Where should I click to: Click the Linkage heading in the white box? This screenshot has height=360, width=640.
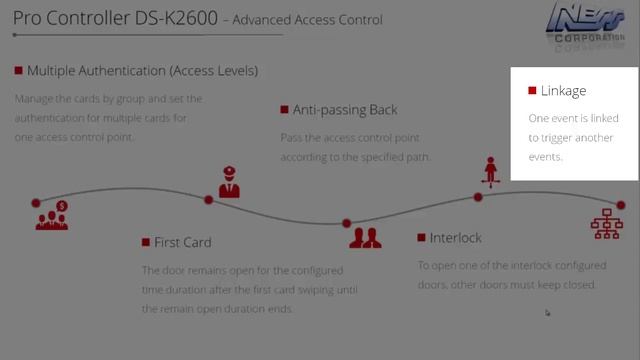pos(563,91)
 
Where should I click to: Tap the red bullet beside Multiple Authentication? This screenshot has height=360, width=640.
pos(19,71)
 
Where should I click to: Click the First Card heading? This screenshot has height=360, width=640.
pos(182,242)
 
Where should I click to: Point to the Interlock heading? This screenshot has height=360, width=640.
pos(455,238)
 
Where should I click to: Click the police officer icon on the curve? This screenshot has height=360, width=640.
pos(229,183)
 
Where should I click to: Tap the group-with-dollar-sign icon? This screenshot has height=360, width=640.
pos(52,215)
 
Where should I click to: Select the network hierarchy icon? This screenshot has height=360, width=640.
pos(606,224)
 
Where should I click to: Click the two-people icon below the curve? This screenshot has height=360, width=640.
pos(365,237)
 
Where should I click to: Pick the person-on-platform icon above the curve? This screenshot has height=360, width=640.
pos(490,172)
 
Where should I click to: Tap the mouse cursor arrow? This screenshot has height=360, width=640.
pos(547,313)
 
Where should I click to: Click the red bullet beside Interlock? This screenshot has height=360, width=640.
pos(421,238)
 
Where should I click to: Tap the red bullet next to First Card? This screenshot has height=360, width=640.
pos(146,242)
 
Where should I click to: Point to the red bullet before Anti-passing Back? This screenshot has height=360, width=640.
pos(285,110)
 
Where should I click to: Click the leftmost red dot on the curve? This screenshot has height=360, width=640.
pos(36,203)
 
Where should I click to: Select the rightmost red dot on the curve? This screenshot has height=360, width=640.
pos(621,205)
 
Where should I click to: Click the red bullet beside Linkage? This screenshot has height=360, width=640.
pos(532,91)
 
